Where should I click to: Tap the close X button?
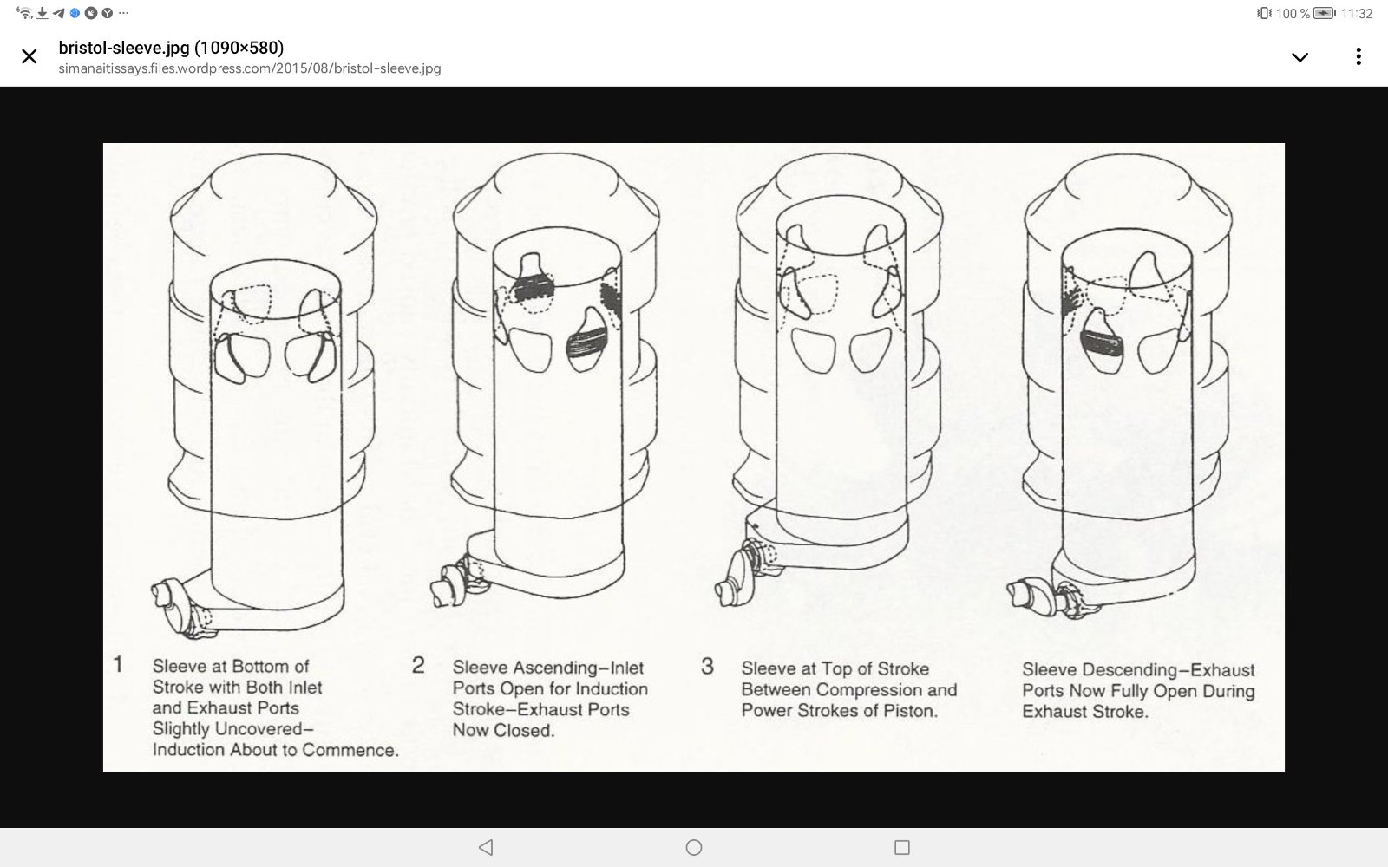point(29,56)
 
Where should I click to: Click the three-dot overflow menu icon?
point(1359,56)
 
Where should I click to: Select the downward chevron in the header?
point(1300,57)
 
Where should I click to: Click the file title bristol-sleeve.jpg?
point(124,48)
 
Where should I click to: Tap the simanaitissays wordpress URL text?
point(250,68)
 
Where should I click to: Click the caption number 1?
point(118,664)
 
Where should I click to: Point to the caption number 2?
point(418,666)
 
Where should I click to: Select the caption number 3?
point(708,667)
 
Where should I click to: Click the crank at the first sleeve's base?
point(182,607)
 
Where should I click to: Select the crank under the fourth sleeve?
point(1046,598)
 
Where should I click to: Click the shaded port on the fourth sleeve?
point(1102,343)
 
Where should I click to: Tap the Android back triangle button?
point(487,847)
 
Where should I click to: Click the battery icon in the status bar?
point(1324,13)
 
